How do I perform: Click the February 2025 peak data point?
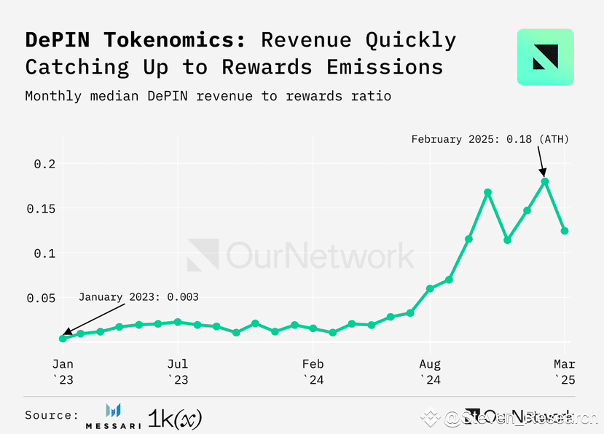pos(544,181)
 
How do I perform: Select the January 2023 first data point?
pos(63,338)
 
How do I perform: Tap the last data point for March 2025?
pos(565,231)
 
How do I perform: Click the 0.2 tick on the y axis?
pos(45,165)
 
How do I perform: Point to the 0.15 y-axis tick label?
pos(40,209)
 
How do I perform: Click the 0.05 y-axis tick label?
pos(40,299)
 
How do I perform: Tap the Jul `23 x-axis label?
pos(177,371)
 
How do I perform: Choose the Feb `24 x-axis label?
pos(313,371)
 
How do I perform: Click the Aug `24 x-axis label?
pos(430,371)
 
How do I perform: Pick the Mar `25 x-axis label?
pos(565,371)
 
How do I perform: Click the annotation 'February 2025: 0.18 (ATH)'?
pos(490,139)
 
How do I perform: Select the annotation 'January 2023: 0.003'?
pos(138,297)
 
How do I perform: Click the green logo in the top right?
pos(545,58)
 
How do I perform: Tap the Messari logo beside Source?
pos(113,415)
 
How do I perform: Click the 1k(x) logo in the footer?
pos(175,417)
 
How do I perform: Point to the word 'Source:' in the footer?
pos(52,415)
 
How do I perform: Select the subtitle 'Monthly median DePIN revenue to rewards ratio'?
pos(208,96)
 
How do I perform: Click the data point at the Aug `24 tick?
pos(430,288)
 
